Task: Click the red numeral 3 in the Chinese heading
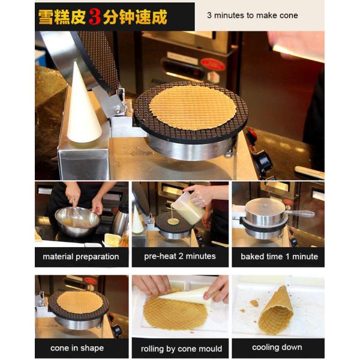(95, 17)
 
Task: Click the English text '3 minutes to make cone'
(253, 16)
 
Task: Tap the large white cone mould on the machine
(83, 103)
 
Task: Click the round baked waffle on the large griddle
(193, 107)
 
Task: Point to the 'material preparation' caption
(81, 256)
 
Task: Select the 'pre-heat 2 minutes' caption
(180, 256)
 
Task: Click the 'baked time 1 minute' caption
(279, 256)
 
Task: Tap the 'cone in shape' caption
(77, 348)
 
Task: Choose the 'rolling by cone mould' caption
(181, 349)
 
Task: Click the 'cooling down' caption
(277, 347)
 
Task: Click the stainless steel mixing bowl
(77, 221)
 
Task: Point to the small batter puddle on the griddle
(173, 221)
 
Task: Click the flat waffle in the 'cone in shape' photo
(80, 302)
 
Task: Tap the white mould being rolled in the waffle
(186, 295)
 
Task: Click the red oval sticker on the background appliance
(212, 65)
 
